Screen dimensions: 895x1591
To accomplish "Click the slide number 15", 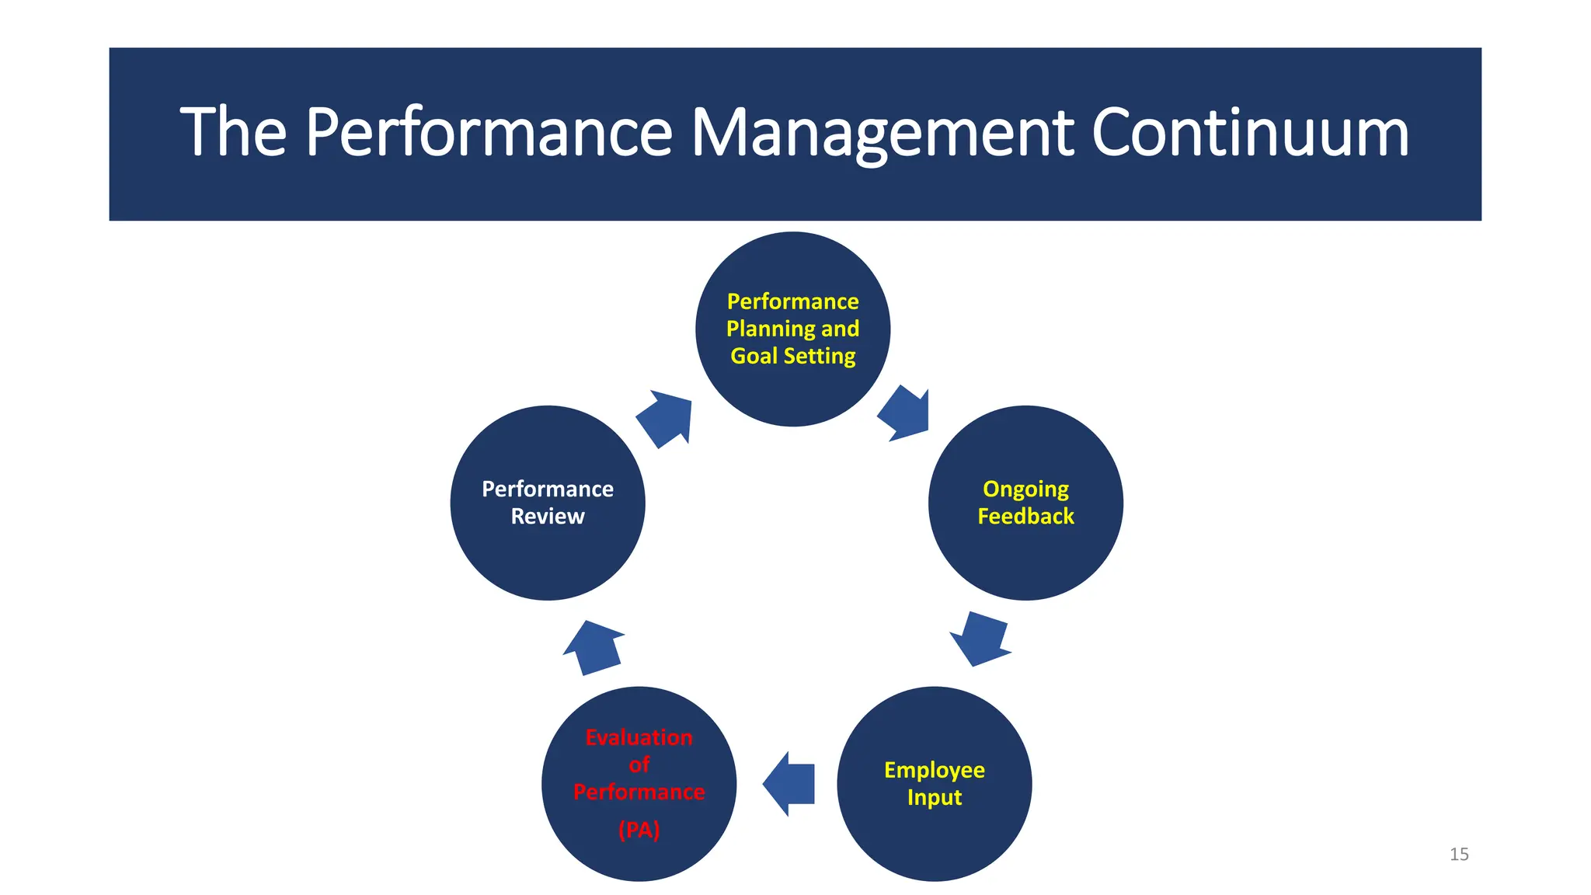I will tap(1459, 855).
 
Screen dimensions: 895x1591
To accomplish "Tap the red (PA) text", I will tap(639, 830).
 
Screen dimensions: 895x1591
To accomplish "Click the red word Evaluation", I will tap(639, 737).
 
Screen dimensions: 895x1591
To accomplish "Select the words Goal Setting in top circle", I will tap(793, 356).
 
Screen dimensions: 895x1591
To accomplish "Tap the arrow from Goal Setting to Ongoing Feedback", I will tap(905, 413).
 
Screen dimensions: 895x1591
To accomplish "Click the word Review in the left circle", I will tap(548, 516).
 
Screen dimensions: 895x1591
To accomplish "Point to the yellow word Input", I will tap(935, 797).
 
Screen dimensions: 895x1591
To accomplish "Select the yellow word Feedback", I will tap(1025, 516).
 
